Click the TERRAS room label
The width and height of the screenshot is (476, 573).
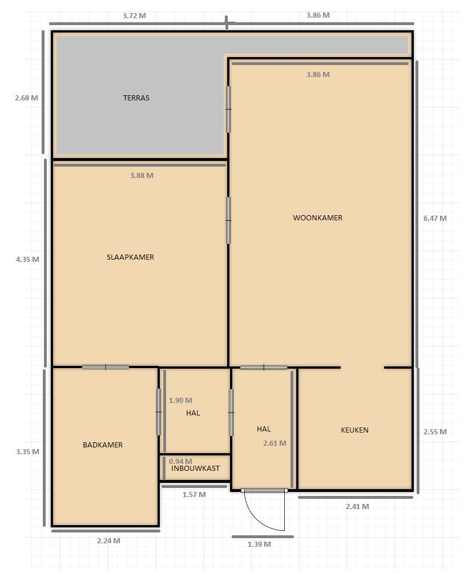(136, 98)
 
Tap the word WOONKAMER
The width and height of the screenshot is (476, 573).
(317, 218)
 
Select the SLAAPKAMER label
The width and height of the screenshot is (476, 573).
(130, 257)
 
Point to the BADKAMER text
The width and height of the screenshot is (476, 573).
(103, 445)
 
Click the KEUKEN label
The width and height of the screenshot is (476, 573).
(354, 430)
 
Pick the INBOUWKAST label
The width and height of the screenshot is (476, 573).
(195, 469)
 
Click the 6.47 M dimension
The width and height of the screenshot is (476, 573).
(435, 219)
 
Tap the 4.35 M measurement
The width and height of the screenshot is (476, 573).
(27, 260)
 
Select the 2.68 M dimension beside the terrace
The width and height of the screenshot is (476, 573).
(26, 98)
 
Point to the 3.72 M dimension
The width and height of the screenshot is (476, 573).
(134, 16)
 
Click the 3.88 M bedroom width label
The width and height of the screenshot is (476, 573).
(142, 176)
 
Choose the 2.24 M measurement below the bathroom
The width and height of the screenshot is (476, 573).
(108, 541)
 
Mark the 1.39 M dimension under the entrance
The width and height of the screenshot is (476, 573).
(259, 544)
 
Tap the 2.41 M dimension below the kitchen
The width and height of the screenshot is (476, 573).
(357, 507)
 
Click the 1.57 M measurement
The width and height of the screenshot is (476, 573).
(194, 495)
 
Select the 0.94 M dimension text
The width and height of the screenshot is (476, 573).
(180, 462)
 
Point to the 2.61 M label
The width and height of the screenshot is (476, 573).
(275, 443)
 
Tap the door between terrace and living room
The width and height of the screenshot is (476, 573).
(228, 109)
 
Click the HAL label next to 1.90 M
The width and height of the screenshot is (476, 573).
(193, 413)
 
